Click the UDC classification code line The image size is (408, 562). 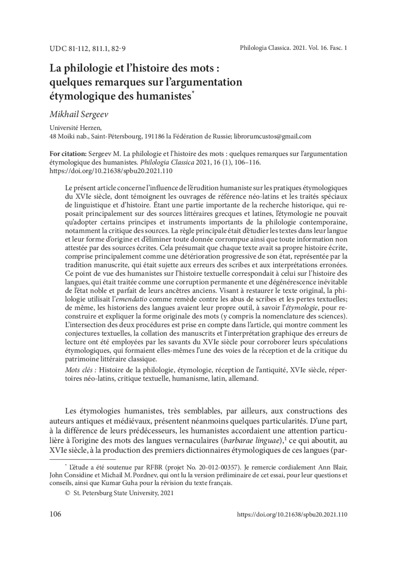pyautogui.click(x=87, y=49)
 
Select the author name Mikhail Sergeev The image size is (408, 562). pyautogui.click(x=79, y=114)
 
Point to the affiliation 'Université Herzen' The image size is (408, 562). pyautogui.click(x=75, y=128)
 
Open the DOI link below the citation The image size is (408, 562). pyautogui.click(x=111, y=171)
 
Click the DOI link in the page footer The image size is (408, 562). pyautogui.click(x=292, y=514)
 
